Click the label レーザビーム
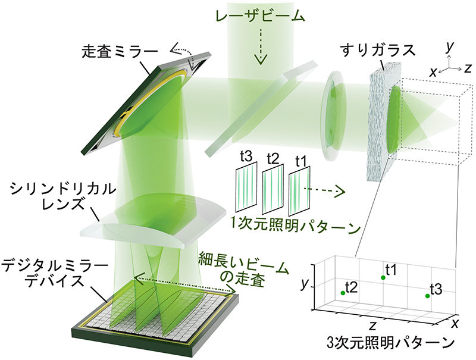[x=260, y=16]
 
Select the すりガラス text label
[x=378, y=50]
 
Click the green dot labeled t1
[x=383, y=277]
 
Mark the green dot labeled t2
[x=343, y=293]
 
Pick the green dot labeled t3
[x=427, y=296]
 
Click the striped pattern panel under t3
[x=246, y=187]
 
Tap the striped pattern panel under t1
[x=299, y=191]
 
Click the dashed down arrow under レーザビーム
[x=260, y=47]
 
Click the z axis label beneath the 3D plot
[x=372, y=325]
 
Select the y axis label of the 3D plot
[x=305, y=284]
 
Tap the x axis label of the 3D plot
[x=455, y=324]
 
